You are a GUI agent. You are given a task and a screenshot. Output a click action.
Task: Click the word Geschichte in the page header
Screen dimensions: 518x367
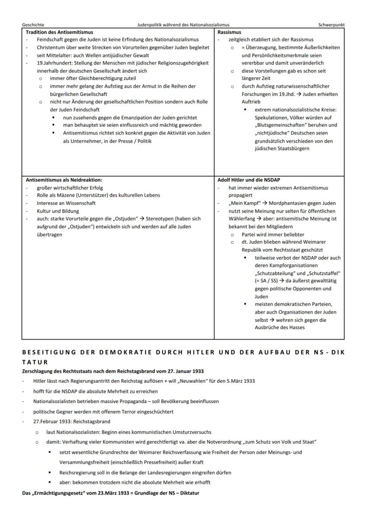(32, 25)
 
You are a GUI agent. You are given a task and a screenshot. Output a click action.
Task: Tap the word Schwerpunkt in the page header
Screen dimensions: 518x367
(331, 25)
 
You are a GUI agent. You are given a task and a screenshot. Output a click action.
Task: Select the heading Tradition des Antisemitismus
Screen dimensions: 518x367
(59, 32)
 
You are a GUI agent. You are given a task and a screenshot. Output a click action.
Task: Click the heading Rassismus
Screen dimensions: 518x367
(230, 32)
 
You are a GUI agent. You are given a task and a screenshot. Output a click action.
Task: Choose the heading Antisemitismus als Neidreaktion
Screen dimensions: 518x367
(64, 180)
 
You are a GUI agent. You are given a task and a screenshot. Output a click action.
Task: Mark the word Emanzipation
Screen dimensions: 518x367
(138, 118)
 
